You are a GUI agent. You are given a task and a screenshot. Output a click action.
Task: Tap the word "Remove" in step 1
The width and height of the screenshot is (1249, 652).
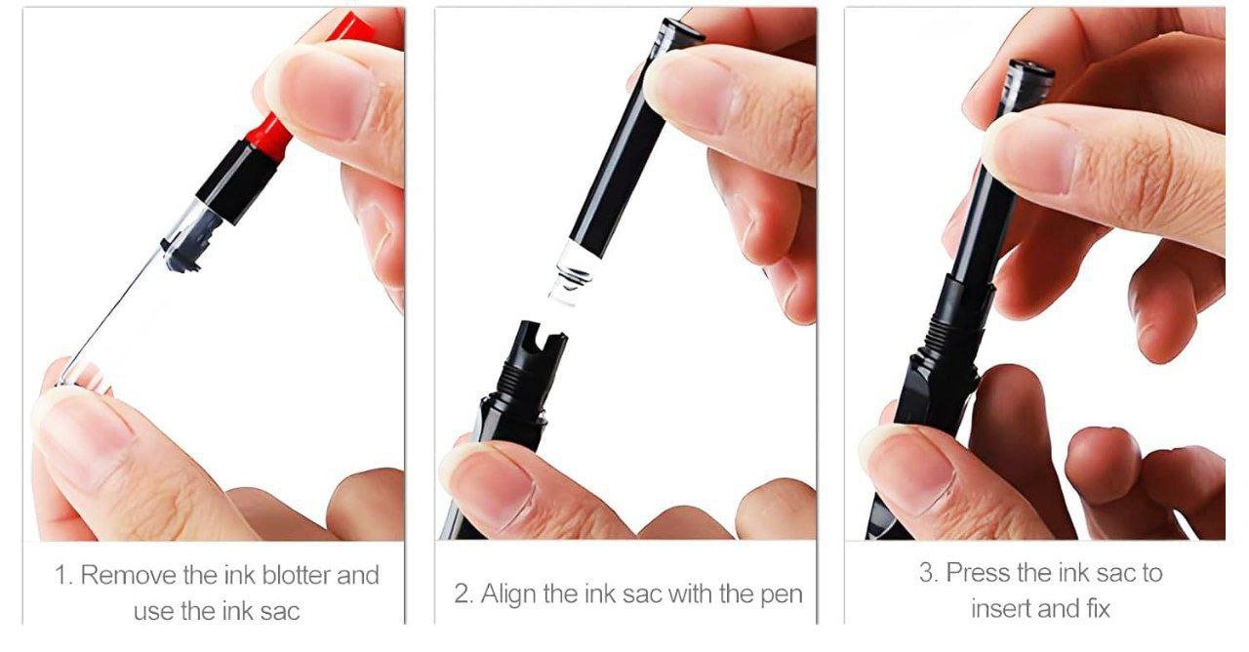(128, 575)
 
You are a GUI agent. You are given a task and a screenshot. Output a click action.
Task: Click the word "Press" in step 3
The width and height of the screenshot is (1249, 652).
(979, 573)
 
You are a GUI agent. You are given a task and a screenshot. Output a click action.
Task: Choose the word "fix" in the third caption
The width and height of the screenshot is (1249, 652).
(1098, 608)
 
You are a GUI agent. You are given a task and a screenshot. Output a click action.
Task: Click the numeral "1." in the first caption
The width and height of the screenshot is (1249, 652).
(64, 575)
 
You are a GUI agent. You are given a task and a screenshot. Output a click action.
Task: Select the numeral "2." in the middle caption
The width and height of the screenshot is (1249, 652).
(463, 594)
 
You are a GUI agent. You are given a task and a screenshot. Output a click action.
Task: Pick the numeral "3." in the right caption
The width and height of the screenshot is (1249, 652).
(930, 573)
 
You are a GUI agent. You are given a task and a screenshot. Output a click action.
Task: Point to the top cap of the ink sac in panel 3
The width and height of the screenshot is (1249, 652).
(1031, 68)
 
